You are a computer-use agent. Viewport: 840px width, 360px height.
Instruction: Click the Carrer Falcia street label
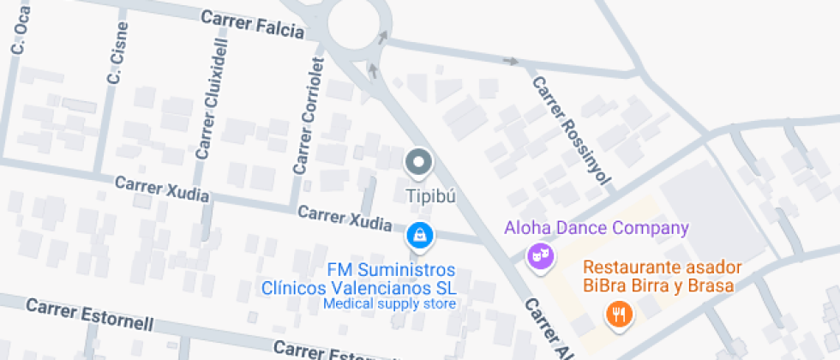click(x=252, y=23)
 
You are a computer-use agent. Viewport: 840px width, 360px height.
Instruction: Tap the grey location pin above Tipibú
click(x=418, y=161)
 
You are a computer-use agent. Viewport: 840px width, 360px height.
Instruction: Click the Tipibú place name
click(x=429, y=195)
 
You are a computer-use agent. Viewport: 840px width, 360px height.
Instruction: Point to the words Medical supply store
click(x=389, y=303)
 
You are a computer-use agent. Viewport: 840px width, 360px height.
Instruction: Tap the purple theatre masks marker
click(x=538, y=255)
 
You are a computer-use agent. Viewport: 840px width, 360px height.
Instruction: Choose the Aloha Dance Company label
click(x=597, y=228)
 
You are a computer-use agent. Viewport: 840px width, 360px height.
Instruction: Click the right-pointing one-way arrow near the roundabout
click(x=512, y=61)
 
